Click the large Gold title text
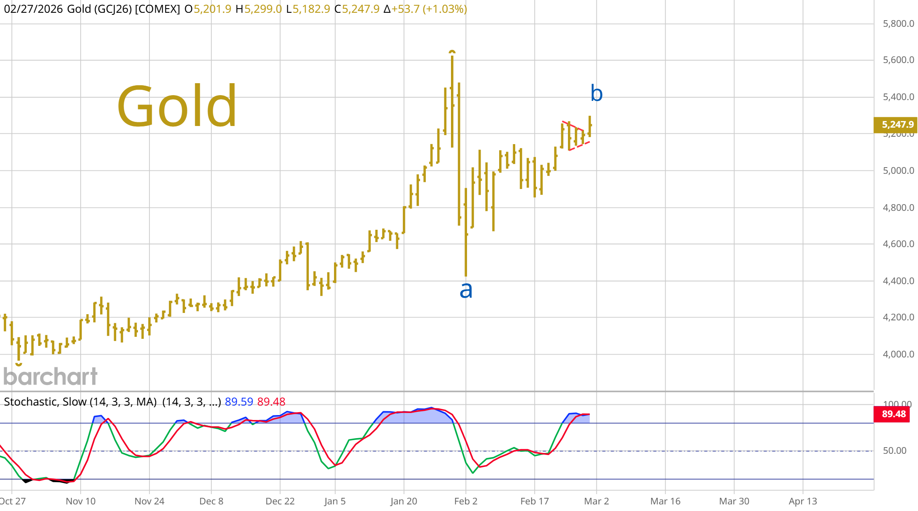[x=177, y=106]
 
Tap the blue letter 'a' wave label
[x=466, y=290]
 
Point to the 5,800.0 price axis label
[x=898, y=23]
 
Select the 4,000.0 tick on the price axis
[x=898, y=354]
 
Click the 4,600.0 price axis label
[x=898, y=244]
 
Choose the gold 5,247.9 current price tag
[x=895, y=124]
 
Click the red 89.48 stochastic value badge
[x=892, y=414]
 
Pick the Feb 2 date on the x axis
[x=465, y=501]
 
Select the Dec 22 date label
[x=280, y=501]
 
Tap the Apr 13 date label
[x=803, y=501]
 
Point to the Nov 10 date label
[x=81, y=501]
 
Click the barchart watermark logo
[x=50, y=376]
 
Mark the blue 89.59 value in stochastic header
[x=239, y=401]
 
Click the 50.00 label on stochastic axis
[x=895, y=450]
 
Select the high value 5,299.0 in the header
[x=263, y=9]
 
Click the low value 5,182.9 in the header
[x=311, y=9]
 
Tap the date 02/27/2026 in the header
[x=33, y=9]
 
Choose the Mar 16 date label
[x=665, y=501]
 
